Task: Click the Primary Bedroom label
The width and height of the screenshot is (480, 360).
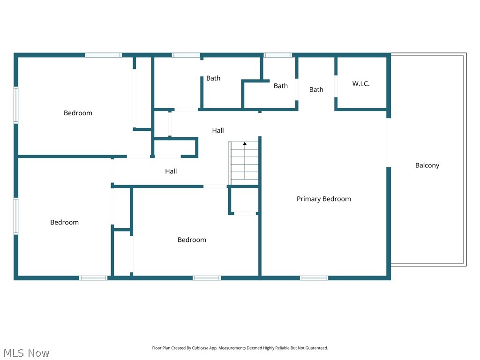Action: pos(323,199)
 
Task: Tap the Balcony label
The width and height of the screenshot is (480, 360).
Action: pos(427,165)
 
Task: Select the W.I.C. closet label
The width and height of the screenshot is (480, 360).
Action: pos(361,84)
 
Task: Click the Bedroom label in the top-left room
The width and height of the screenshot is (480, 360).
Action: pos(78,113)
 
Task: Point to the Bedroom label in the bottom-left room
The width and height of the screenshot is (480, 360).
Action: pos(64,222)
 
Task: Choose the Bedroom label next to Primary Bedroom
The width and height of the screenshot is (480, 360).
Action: pos(192,240)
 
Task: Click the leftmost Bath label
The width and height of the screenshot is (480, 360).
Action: pos(213,78)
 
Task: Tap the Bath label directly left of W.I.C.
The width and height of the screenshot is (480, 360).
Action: pos(316,90)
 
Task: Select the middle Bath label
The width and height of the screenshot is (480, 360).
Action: pos(281,86)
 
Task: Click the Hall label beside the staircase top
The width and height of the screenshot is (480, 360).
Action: pos(217,130)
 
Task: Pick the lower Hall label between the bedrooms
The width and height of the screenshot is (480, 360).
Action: pos(171,172)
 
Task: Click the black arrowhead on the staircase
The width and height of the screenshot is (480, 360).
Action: pos(245,144)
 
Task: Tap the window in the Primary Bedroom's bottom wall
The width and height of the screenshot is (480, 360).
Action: pos(314,278)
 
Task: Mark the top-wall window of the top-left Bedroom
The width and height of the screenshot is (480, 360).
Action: pos(103,55)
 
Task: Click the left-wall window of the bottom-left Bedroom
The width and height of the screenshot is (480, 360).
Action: pos(16,216)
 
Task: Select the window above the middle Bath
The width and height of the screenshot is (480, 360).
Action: pos(278,55)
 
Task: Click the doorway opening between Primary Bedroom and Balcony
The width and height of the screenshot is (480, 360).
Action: pos(388,142)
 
